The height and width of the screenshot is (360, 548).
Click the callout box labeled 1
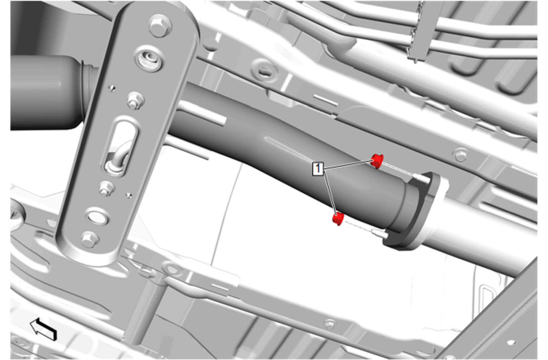click(x=317, y=169)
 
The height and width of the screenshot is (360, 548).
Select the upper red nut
click(x=377, y=161)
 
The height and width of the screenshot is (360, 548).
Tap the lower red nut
click(x=338, y=218)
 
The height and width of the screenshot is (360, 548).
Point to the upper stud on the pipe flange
click(x=421, y=178)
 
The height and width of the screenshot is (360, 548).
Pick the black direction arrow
click(x=43, y=329)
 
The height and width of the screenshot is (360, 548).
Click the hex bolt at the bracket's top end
click(x=160, y=26)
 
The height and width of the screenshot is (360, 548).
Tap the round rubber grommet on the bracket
click(x=148, y=60)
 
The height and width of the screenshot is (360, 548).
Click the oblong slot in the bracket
click(x=121, y=147)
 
